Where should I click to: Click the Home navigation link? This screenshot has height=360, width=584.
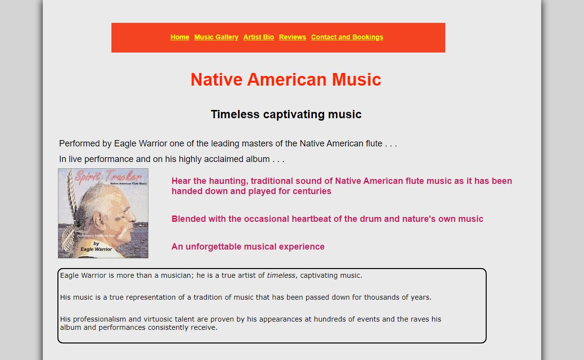point(180,37)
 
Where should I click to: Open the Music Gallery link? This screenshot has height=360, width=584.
point(216,37)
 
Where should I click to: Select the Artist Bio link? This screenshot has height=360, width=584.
point(258,37)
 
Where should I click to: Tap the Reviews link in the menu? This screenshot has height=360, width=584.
point(292,37)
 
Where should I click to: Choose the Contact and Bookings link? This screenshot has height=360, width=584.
point(347,37)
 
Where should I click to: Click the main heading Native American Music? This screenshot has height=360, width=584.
point(286,79)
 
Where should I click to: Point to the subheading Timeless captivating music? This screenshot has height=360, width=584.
point(286,114)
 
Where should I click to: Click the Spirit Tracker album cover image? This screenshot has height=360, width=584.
point(103,213)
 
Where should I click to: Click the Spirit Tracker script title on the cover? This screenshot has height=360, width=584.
point(108,177)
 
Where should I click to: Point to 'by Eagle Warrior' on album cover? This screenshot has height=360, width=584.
point(96,246)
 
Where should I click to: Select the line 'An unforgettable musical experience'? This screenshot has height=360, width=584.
point(248,247)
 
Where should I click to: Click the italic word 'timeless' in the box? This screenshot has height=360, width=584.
point(281,275)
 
